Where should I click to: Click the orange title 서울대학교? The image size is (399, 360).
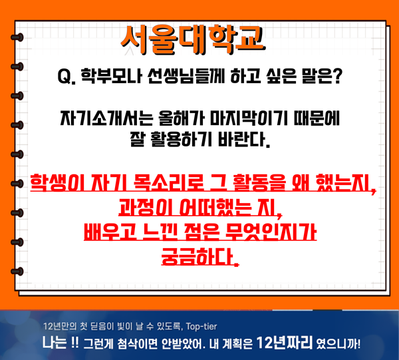click(193, 40)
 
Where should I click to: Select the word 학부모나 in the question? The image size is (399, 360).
click(111, 76)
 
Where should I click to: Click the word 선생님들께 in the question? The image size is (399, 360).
click(186, 76)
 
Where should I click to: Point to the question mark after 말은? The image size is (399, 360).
click(336, 76)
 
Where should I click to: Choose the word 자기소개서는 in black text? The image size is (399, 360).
click(106, 118)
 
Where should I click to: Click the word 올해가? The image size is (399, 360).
click(182, 118)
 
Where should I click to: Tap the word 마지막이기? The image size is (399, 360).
click(249, 118)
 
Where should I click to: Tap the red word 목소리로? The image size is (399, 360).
click(168, 183)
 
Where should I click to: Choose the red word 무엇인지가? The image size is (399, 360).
click(271, 232)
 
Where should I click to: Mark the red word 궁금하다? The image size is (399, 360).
click(200, 257)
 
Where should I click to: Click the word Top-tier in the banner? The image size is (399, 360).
click(201, 326)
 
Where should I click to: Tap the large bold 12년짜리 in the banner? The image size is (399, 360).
click(284, 343)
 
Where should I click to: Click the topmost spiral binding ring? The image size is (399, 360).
click(17, 37)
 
